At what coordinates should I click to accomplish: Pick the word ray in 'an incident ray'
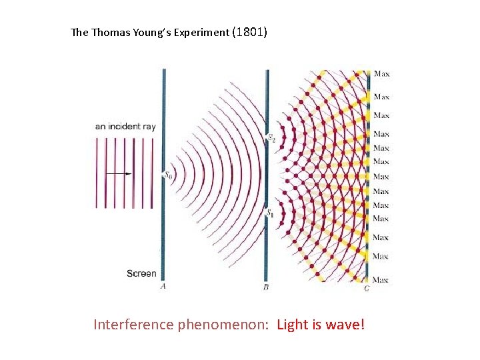click(x=147, y=127)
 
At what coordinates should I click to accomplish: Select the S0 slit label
click(x=168, y=175)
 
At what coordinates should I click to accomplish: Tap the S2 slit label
click(x=271, y=138)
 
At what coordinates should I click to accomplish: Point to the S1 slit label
click(x=270, y=213)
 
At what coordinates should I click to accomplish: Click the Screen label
click(x=141, y=273)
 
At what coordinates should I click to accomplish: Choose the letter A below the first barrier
click(x=163, y=287)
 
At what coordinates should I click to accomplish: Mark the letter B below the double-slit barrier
click(x=266, y=287)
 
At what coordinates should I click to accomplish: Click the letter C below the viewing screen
click(x=367, y=288)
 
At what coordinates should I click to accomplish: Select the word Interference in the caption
click(x=133, y=325)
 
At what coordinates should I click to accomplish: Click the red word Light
click(x=292, y=325)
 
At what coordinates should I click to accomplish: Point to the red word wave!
click(x=345, y=325)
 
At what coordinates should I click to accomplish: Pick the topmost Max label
click(x=381, y=73)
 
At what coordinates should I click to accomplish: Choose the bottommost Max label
click(x=381, y=279)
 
